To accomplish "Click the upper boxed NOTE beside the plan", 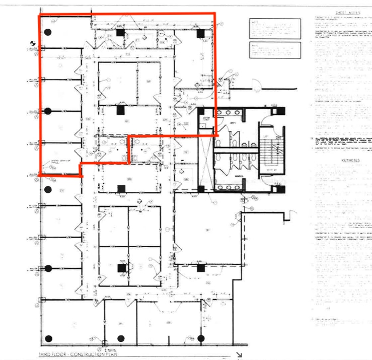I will pyautogui.click(x=275, y=28).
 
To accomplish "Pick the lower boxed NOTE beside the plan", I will pyautogui.click(x=275, y=50).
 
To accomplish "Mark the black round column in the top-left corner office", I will pyautogui.click(x=47, y=32).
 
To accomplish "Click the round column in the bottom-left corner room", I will pyautogui.click(x=48, y=338).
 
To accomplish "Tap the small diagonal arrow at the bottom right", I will pyautogui.click(x=239, y=354).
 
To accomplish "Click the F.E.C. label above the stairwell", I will pyautogui.click(x=275, y=105).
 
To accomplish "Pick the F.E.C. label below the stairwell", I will pyautogui.click(x=275, y=183).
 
